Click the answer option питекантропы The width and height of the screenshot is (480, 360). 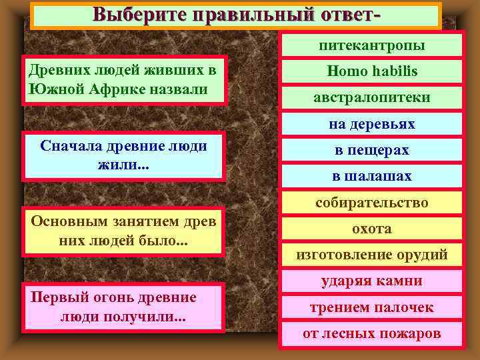coord(371,45)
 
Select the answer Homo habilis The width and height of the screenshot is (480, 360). coord(371,71)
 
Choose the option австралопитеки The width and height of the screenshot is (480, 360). coord(371,97)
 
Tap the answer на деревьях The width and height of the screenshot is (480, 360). coord(371,124)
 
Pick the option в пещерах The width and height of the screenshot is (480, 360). coord(371,151)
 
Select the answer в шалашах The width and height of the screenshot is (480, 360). coord(371,177)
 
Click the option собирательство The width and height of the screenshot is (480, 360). coord(371,203)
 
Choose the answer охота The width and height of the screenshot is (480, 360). coord(371,229)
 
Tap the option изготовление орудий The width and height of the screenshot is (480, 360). coord(371,255)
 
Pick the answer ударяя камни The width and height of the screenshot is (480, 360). coord(371,281)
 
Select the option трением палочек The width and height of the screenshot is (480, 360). coord(371,307)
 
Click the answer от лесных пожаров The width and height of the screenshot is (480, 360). coord(371,333)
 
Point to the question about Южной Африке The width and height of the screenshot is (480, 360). coord(125,81)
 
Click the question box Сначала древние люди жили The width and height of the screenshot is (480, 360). coord(123,155)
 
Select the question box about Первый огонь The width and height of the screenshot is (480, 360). coord(123,307)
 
